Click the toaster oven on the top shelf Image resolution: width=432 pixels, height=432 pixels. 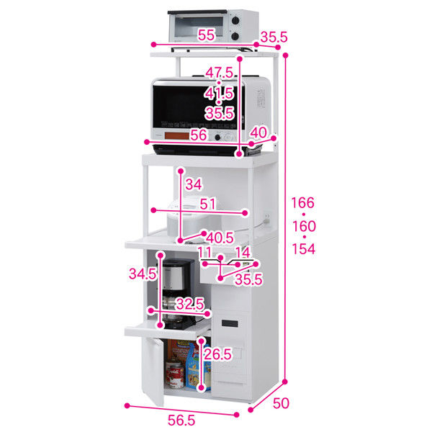[x=212, y=27]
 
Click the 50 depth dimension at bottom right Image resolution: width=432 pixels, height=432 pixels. [x=282, y=403]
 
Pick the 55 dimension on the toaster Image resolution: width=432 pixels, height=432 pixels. [x=206, y=35]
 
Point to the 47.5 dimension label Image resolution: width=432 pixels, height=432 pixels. [x=219, y=73]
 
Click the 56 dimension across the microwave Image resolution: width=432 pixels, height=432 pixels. [x=199, y=135]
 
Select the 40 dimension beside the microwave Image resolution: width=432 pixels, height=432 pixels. [x=258, y=132]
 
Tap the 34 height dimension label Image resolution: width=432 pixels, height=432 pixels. [x=194, y=184]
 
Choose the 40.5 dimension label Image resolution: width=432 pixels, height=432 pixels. [x=218, y=237]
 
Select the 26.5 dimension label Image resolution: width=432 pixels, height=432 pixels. [x=216, y=355]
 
